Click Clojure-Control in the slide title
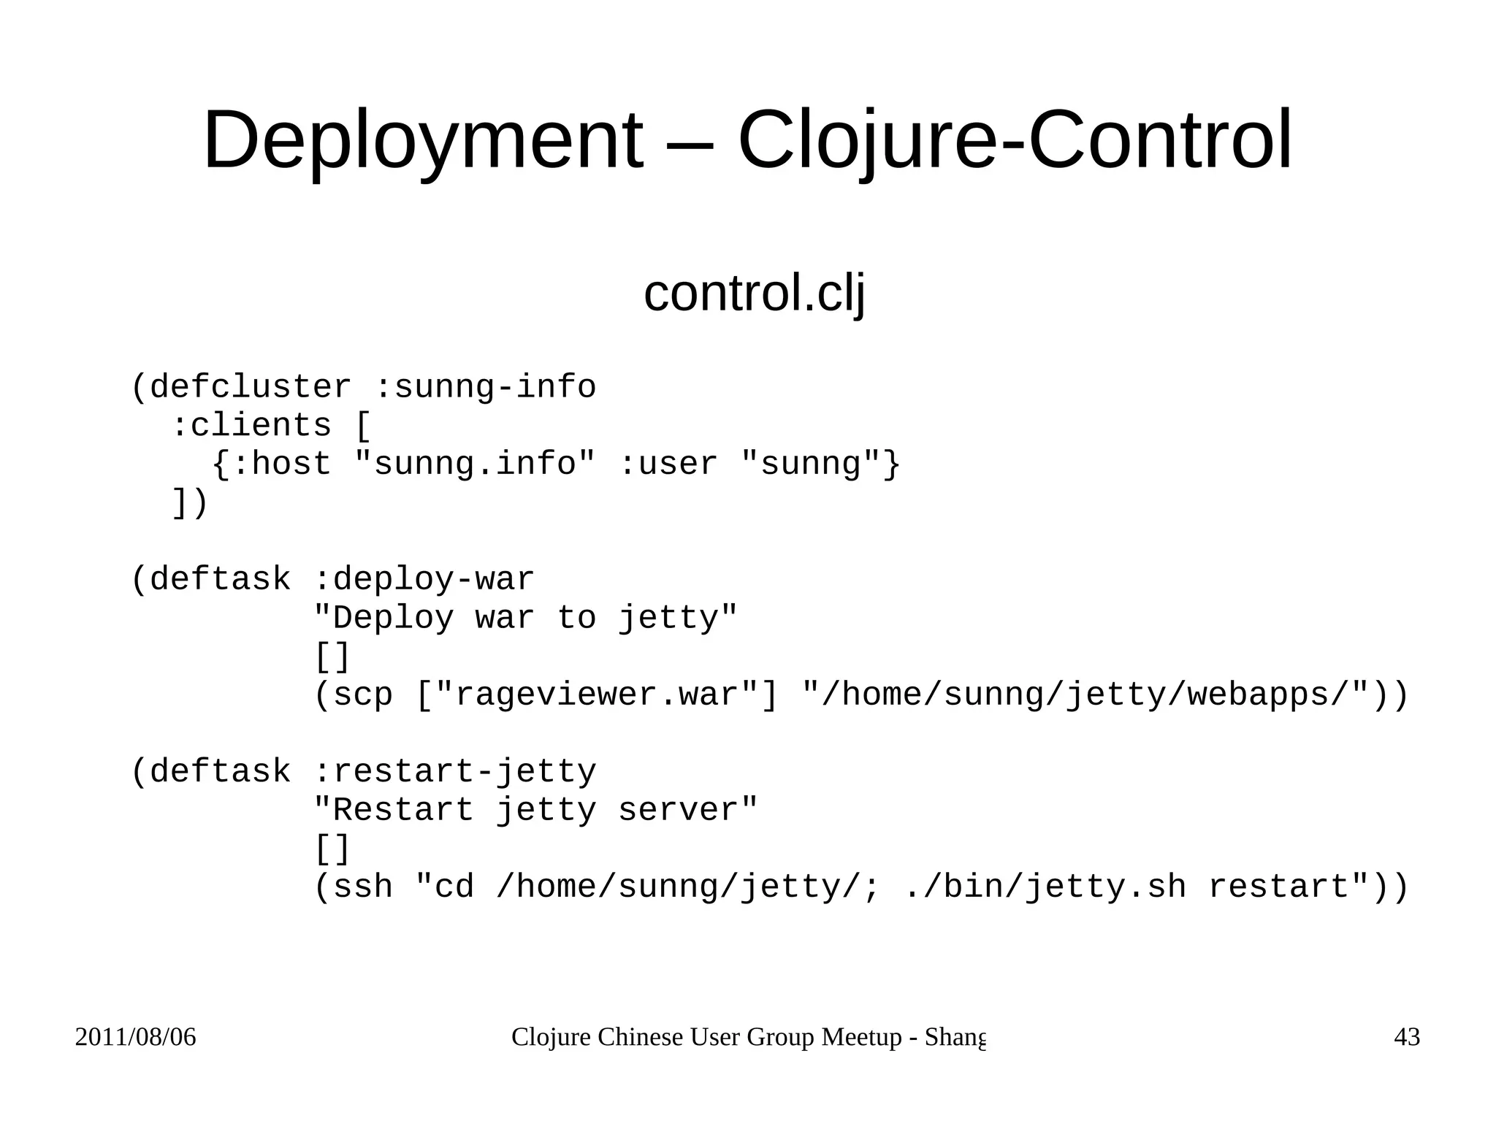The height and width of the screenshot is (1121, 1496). tap(1015, 140)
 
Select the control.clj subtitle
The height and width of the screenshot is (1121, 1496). tap(754, 294)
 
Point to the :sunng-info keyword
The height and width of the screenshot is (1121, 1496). tap(485, 387)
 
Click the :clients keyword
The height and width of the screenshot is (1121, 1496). tap(251, 426)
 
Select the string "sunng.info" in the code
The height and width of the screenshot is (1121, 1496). tap(475, 464)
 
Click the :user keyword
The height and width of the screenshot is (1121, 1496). tap(668, 464)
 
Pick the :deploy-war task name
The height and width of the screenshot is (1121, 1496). tap(424, 580)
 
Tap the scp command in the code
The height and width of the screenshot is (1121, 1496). tap(362, 695)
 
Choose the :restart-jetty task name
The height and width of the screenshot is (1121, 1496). tap(454, 772)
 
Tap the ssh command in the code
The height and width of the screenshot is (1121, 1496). tap(362, 887)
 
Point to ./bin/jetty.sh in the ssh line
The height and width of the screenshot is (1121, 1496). tap(1045, 887)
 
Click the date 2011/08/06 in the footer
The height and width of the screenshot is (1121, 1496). tap(136, 1038)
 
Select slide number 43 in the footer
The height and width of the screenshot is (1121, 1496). tap(1407, 1038)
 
